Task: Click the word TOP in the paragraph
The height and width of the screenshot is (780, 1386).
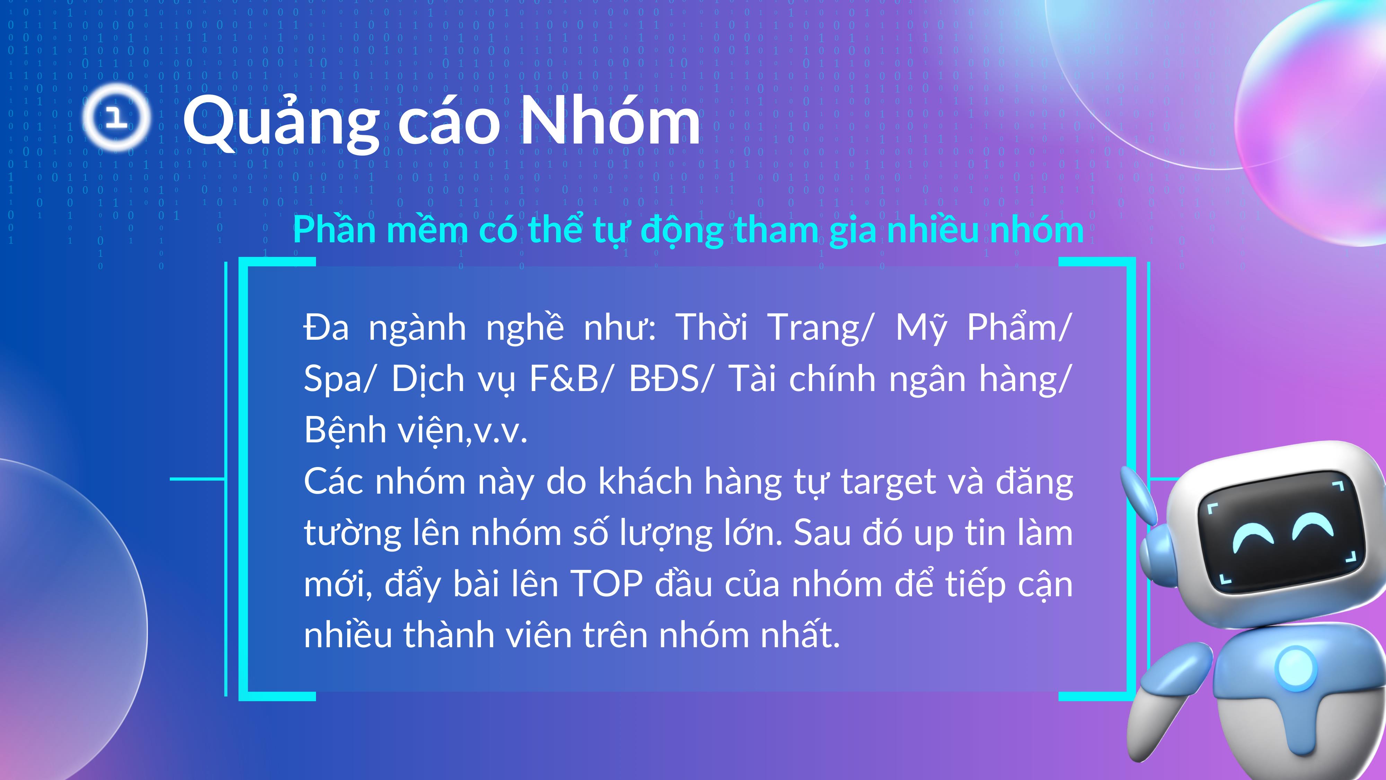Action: pyautogui.click(x=606, y=584)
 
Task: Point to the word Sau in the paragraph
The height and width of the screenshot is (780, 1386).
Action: pyautogui.click(x=822, y=533)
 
